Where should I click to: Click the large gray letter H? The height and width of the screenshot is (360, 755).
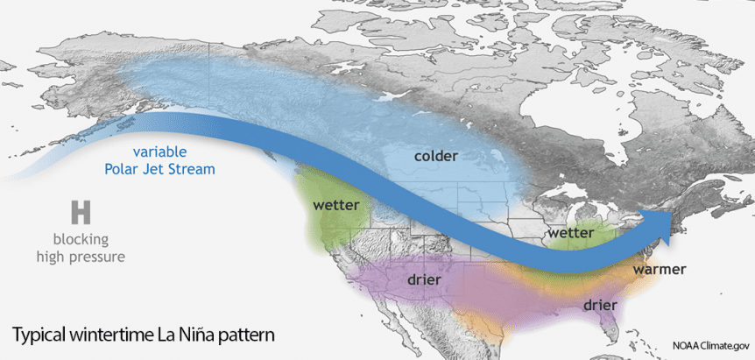(x=81, y=212)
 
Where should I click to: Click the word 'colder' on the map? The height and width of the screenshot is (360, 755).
(x=435, y=156)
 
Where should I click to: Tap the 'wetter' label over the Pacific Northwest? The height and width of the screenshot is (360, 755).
(x=336, y=206)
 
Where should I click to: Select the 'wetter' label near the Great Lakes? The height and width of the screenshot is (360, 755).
(x=570, y=234)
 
